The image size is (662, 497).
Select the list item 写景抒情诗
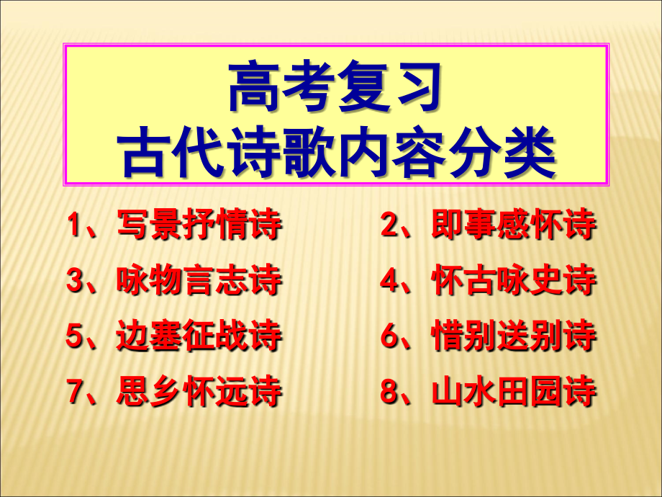coord(199,226)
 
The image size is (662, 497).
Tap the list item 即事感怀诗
coord(514,225)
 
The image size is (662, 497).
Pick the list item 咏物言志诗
coord(199,281)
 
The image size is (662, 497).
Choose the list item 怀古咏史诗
coord(514,281)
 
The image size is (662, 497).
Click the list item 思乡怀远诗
coord(199,393)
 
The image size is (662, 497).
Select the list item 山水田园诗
coord(514,393)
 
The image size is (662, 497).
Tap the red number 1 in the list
coord(76,226)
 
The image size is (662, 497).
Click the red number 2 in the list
coord(389,225)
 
